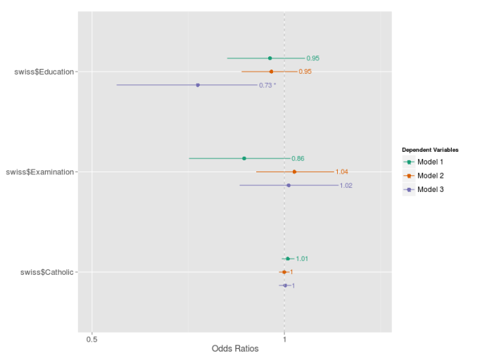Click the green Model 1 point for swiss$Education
270,58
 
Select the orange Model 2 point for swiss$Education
271,72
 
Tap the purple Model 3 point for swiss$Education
198,85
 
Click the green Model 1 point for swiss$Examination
244,158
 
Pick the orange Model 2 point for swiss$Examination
294,172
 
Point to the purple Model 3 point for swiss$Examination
289,186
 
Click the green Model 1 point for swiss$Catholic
287,259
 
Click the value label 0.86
298,159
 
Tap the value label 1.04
341,172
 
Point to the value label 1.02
346,186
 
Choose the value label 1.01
302,259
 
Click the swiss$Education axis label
44,72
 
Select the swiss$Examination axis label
39,172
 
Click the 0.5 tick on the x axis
91,339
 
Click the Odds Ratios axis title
235,349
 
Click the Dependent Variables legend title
430,150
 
